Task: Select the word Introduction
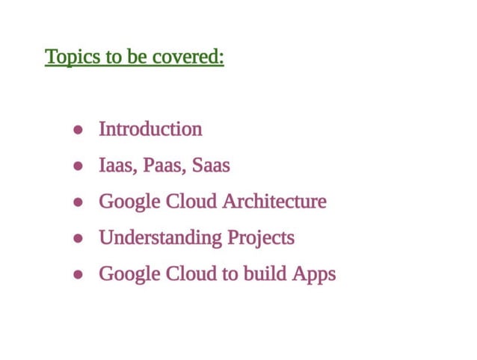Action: click(x=150, y=129)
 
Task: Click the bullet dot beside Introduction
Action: click(x=78, y=130)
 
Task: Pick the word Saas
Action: click(x=211, y=166)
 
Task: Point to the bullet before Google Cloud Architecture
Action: click(x=78, y=202)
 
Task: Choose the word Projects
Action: click(x=261, y=238)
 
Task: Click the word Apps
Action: click(x=313, y=275)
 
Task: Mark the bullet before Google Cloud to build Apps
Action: click(x=78, y=275)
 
